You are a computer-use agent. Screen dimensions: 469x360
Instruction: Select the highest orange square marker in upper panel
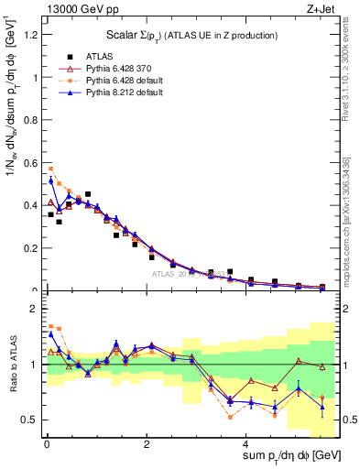(51, 169)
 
